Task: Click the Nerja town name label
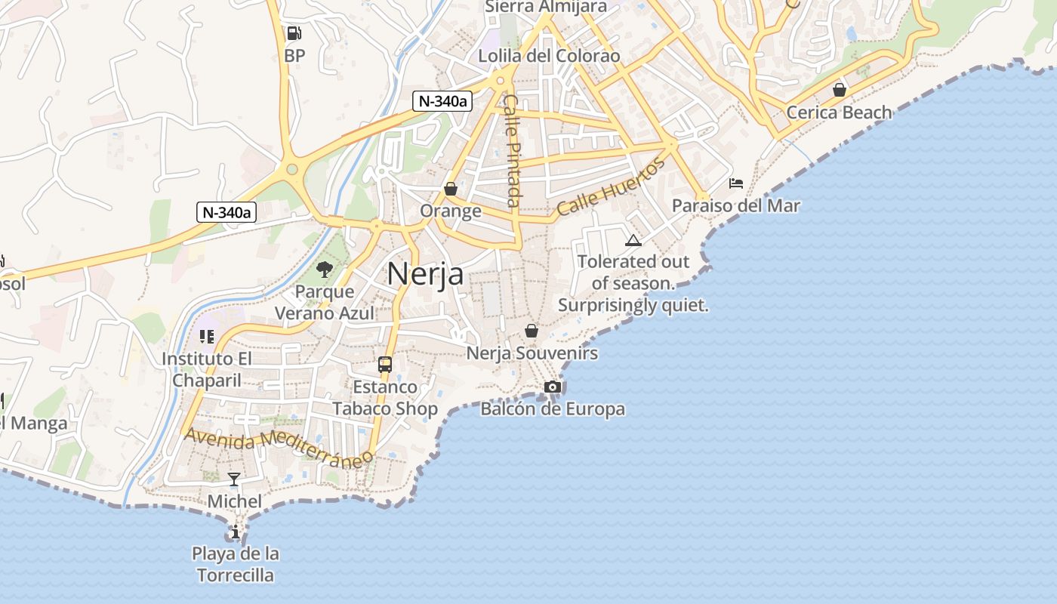tap(425, 273)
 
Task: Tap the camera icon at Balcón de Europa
tap(553, 387)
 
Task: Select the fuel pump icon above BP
tap(294, 33)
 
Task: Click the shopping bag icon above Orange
tap(451, 189)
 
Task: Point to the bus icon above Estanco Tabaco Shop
tap(385, 365)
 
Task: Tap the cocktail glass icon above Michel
tap(234, 479)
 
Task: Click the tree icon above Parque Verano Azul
tap(325, 270)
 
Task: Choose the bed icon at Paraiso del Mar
tap(736, 183)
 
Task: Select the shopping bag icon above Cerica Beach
tap(839, 91)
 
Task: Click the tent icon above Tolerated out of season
tap(633, 240)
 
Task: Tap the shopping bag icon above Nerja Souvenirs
tap(532, 331)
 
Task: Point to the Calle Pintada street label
tap(512, 150)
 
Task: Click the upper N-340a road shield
tap(442, 101)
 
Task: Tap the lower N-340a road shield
tap(226, 212)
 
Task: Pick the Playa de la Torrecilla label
tap(236, 564)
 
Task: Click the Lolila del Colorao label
tap(549, 56)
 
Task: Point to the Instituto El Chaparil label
tap(207, 369)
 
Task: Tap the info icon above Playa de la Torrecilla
tap(236, 532)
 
